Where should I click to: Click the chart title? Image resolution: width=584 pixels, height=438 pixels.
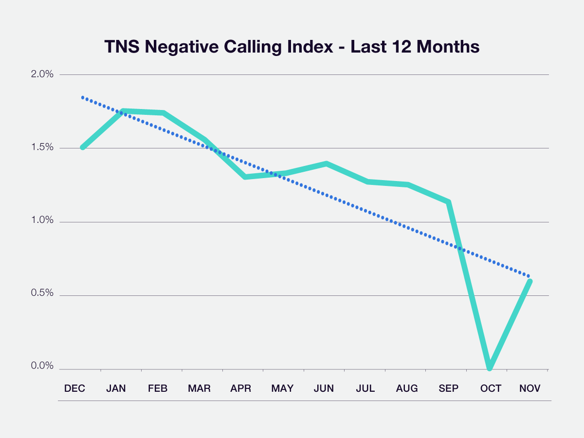pyautogui.click(x=292, y=47)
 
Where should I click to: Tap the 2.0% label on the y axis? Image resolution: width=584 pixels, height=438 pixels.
pyautogui.click(x=42, y=74)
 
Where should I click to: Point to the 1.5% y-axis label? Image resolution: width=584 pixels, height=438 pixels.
pyautogui.click(x=42, y=148)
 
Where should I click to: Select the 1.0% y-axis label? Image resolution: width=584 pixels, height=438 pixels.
pyautogui.click(x=42, y=220)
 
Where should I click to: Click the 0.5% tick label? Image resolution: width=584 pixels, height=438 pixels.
pyautogui.click(x=42, y=294)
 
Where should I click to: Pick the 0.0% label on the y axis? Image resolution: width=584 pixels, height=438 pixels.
pyautogui.click(x=42, y=366)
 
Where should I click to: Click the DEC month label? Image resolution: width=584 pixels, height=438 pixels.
pyautogui.click(x=74, y=388)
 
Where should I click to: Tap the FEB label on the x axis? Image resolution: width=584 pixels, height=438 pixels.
pyautogui.click(x=157, y=388)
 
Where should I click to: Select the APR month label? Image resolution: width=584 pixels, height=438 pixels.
pyautogui.click(x=240, y=388)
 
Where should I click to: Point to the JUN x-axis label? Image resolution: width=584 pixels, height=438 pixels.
pyautogui.click(x=324, y=388)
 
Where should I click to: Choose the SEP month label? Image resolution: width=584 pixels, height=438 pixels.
pyautogui.click(x=448, y=388)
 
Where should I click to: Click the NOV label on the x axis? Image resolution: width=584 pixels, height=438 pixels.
pyautogui.click(x=529, y=388)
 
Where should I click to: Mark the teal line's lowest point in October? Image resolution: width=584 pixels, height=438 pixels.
pyautogui.click(x=490, y=368)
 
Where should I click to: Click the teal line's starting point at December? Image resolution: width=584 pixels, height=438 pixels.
pyautogui.click(x=83, y=147)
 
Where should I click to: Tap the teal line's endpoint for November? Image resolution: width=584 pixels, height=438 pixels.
pyautogui.click(x=529, y=281)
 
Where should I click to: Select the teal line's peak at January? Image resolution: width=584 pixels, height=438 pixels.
pyautogui.click(x=124, y=111)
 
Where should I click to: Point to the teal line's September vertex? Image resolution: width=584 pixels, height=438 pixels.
pyautogui.click(x=448, y=202)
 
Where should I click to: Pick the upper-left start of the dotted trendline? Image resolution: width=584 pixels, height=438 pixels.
pyautogui.click(x=83, y=97)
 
